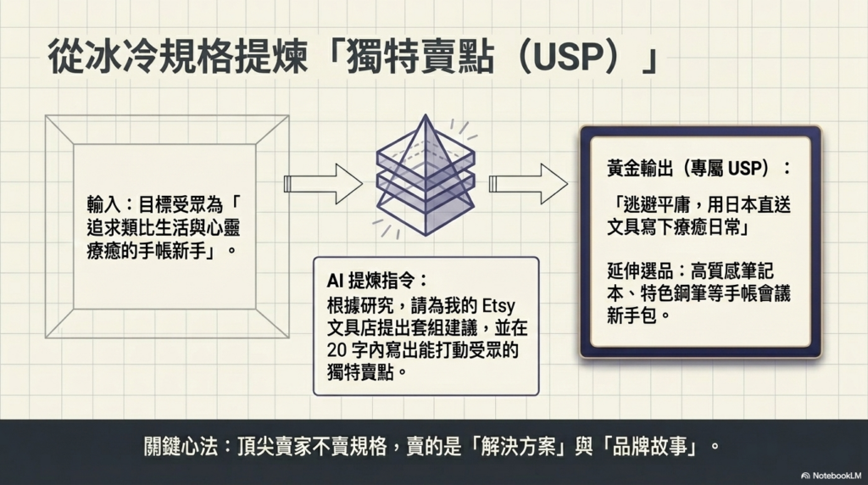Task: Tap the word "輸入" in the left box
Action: (103, 206)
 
